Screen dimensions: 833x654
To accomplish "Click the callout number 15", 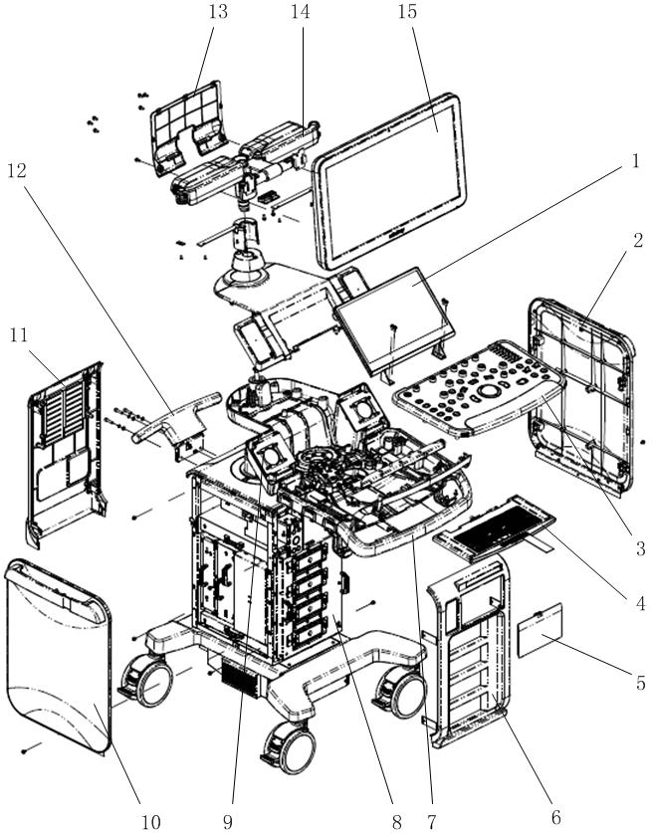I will [405, 13].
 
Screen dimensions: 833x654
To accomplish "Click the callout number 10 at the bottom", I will [149, 820].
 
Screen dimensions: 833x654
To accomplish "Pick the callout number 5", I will [638, 683].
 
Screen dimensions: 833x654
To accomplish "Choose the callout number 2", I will [638, 240].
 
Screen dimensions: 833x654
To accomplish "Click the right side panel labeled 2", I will [580, 392].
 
